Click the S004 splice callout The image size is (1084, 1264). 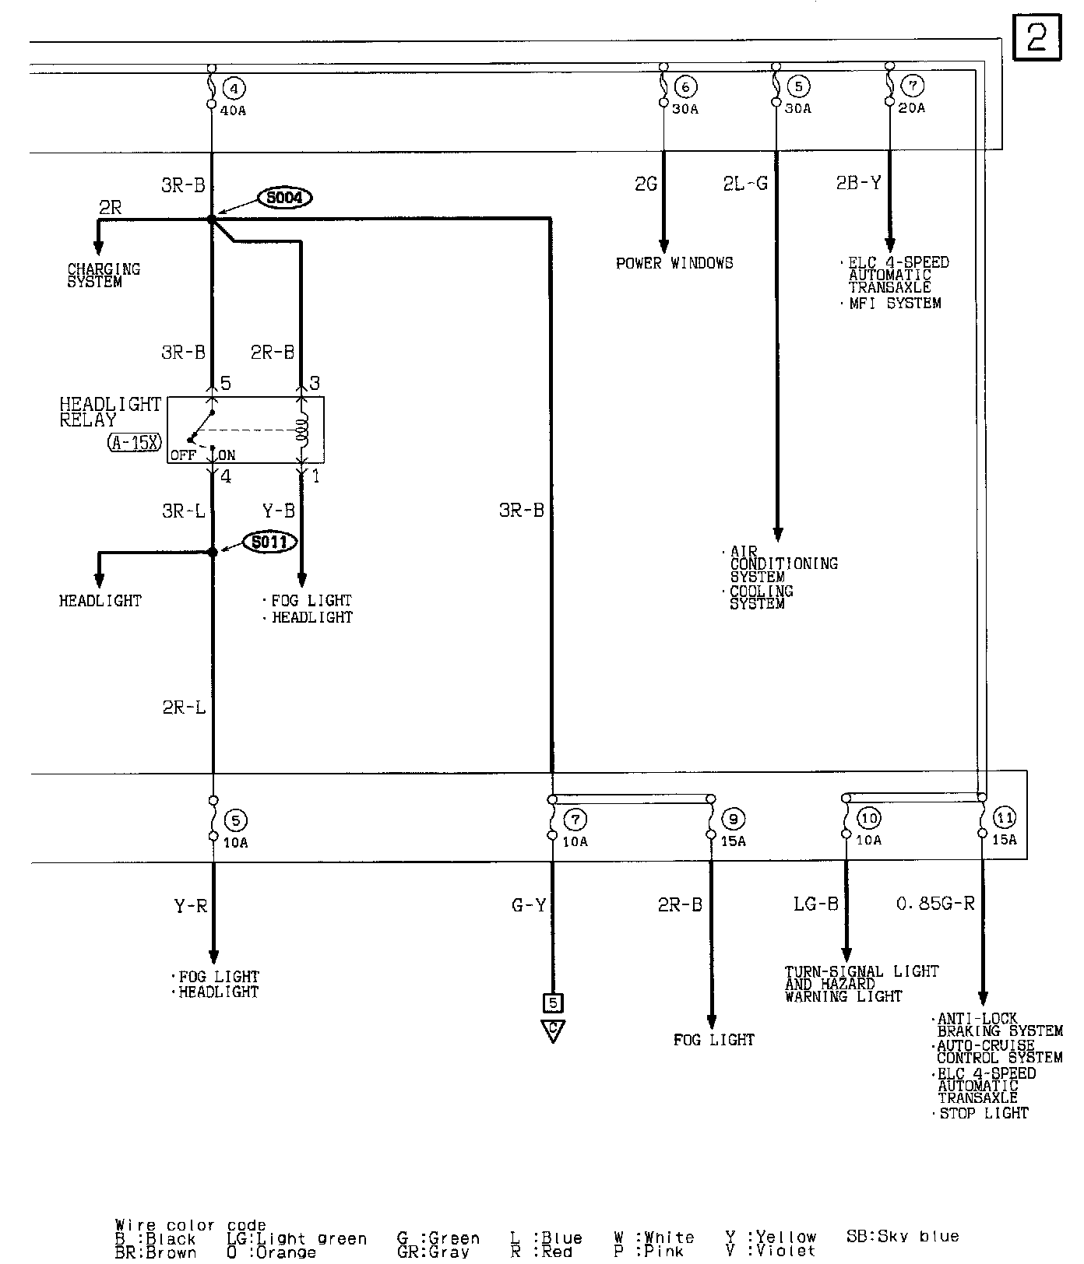pyautogui.click(x=284, y=198)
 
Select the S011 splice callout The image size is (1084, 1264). pyautogui.click(x=269, y=542)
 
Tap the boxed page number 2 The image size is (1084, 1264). pyautogui.click(x=1037, y=38)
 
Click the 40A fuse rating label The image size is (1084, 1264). pyautogui.click(x=232, y=111)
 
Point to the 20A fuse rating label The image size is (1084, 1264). pyautogui.click(x=912, y=108)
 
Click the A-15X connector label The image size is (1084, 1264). pyautogui.click(x=134, y=443)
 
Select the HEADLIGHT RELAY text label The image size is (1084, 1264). pyautogui.click(x=110, y=412)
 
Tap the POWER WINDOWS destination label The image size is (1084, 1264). pyautogui.click(x=674, y=263)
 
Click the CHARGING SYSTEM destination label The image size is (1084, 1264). pyautogui.click(x=104, y=276)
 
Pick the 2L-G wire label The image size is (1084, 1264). pyautogui.click(x=745, y=184)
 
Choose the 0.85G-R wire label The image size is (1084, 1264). pyautogui.click(x=935, y=904)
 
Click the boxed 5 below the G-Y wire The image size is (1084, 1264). pyautogui.click(x=553, y=1002)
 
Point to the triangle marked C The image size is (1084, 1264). pyautogui.click(x=553, y=1030)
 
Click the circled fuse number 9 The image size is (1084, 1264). pyautogui.click(x=734, y=820)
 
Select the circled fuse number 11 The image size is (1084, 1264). pyautogui.click(x=1005, y=818)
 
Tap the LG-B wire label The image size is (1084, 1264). pyautogui.click(x=815, y=904)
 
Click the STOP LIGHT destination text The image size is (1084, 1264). pyautogui.click(x=984, y=1114)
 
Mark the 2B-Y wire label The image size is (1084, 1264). pyautogui.click(x=858, y=183)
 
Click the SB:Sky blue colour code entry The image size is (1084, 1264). pyautogui.click(x=902, y=1237)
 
